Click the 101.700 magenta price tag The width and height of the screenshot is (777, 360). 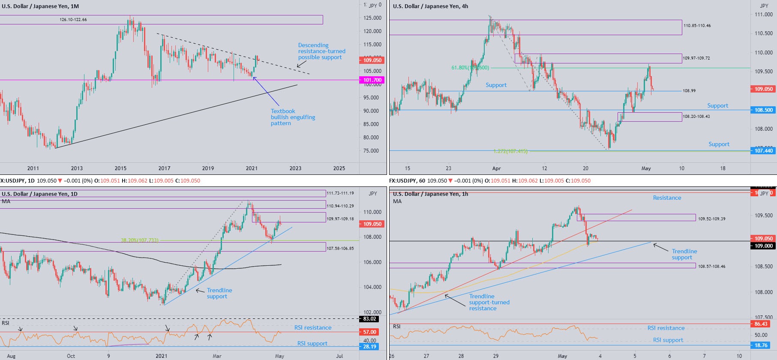[372, 80]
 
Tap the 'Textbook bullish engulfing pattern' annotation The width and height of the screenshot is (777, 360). [293, 117]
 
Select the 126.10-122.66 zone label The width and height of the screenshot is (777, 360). [73, 20]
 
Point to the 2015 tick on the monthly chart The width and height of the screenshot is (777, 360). [120, 168]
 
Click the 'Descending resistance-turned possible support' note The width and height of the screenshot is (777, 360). [321, 51]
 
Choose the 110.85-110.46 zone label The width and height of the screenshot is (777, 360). [697, 26]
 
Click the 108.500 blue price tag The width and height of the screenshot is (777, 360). [763, 110]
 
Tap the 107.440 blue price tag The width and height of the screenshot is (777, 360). [763, 151]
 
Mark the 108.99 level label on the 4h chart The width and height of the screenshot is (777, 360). [689, 91]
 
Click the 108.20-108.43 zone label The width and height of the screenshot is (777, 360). [696, 117]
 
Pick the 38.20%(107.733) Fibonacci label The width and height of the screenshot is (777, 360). [140, 240]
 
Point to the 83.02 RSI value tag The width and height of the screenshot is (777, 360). [369, 319]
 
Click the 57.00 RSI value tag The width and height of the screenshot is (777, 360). [369, 332]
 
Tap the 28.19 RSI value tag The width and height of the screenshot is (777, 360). [369, 347]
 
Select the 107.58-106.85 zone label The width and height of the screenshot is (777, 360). [340, 249]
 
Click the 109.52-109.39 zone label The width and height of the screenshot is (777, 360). [711, 219]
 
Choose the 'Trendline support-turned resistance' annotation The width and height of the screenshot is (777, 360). [489, 302]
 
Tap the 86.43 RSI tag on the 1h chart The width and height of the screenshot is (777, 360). [761, 324]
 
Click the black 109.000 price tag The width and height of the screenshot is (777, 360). [763, 246]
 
